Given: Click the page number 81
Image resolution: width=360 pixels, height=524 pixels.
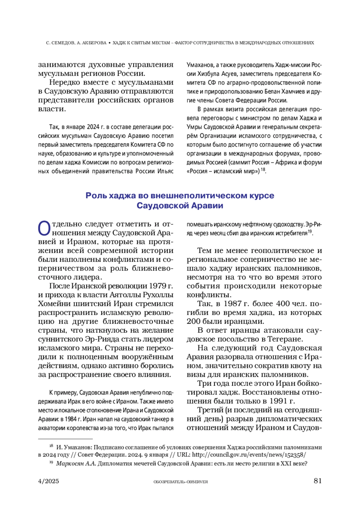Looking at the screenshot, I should coord(317,481).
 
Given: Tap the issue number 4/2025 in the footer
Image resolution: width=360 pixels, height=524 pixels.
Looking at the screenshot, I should coord(49,481).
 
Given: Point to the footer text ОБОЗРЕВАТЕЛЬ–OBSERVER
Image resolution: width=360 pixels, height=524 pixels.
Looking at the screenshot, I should coord(181,482).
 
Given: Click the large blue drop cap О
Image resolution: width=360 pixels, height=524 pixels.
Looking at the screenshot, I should coord(44,228).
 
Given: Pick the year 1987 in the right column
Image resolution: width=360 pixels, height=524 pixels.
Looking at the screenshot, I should coord(233,304).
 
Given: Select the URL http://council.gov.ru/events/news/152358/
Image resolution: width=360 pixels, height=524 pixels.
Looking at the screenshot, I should coord(249,455).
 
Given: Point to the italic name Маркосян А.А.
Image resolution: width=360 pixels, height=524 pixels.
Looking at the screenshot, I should coord(76,463).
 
